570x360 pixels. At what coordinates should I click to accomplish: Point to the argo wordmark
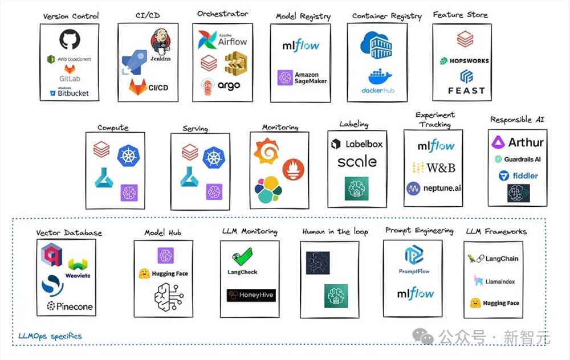(x=229, y=86)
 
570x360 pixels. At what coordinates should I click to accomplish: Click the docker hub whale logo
(x=378, y=77)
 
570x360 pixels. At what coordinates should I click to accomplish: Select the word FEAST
(x=466, y=90)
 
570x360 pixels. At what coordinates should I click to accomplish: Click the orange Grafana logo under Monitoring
(x=266, y=150)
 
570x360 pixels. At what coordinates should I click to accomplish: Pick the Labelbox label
(x=364, y=144)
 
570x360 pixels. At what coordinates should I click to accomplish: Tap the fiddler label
(x=524, y=175)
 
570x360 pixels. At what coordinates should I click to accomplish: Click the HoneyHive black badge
(x=251, y=295)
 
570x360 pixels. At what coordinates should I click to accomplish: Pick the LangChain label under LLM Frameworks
(x=500, y=259)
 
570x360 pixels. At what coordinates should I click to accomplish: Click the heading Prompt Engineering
(x=419, y=231)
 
